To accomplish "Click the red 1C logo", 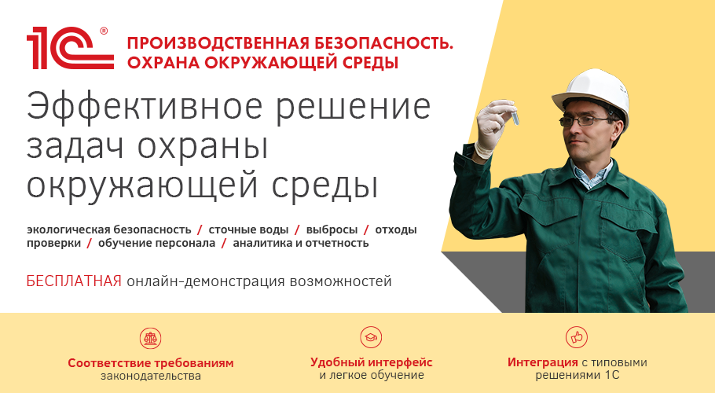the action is tap(70, 48).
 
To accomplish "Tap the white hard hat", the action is tap(592, 94).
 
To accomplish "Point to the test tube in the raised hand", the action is tap(515, 115).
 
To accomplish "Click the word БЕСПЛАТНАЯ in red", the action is tap(74, 281).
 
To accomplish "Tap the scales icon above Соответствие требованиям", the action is tap(151, 338).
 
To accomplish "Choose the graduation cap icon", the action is tap(371, 337).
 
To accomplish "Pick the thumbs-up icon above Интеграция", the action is tap(577, 337).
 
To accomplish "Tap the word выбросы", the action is tap(332, 230).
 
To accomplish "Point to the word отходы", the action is tap(396, 230).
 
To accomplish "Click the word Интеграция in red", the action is tap(543, 363).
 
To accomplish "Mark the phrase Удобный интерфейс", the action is tap(371, 362).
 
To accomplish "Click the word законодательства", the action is tap(151, 376).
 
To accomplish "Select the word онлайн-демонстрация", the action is tap(206, 281).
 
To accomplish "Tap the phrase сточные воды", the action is tap(248, 230).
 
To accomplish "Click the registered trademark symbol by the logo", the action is tap(104, 31).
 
